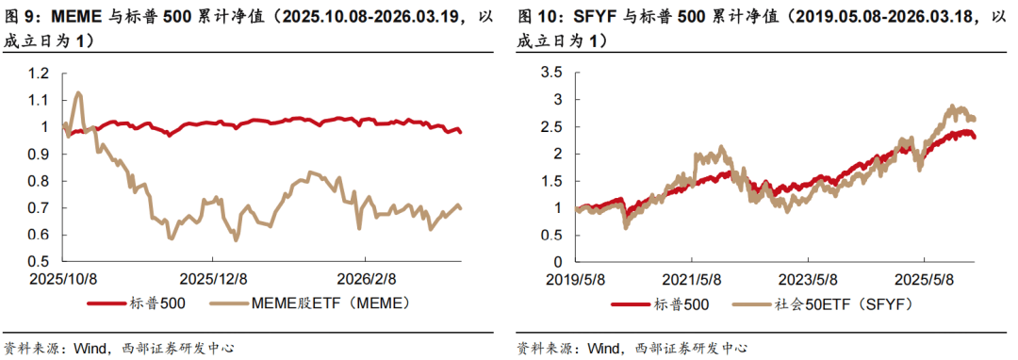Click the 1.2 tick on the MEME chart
40,74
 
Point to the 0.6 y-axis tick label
40,235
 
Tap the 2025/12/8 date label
214,279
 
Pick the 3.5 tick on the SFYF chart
552,74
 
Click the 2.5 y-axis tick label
552,127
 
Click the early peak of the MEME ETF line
78,92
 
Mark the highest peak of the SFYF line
952,106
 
